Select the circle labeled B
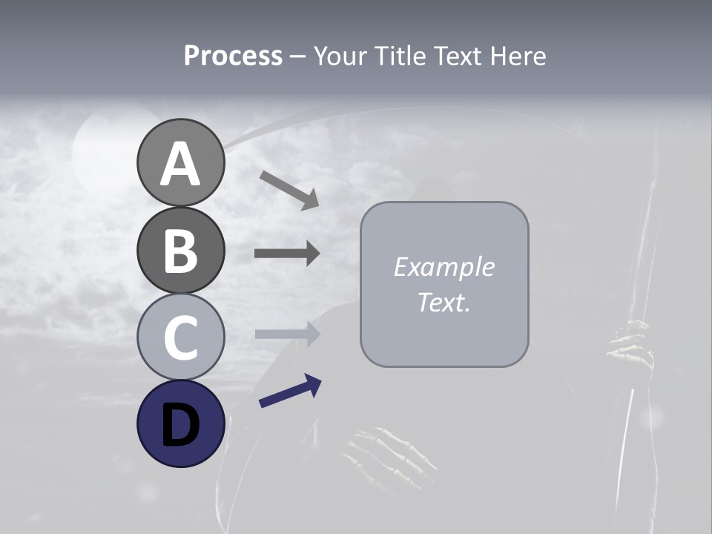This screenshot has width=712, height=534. [x=180, y=251]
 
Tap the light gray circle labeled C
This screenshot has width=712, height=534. [x=180, y=337]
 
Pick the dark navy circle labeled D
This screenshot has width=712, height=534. [x=180, y=423]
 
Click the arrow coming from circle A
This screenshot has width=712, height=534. [x=289, y=189]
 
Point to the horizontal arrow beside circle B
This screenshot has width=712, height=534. [x=287, y=254]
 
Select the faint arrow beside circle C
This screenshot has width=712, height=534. [x=287, y=334]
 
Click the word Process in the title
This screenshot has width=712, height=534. [x=233, y=56]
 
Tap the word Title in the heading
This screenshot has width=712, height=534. [x=398, y=56]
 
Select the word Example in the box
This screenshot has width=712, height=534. [x=444, y=267]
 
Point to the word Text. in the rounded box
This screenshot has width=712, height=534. [x=444, y=302]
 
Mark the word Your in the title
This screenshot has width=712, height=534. [x=342, y=56]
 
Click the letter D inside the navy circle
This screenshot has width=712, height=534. [x=180, y=426]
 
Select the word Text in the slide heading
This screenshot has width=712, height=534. [x=457, y=56]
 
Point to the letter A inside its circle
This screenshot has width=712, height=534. [x=180, y=165]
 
